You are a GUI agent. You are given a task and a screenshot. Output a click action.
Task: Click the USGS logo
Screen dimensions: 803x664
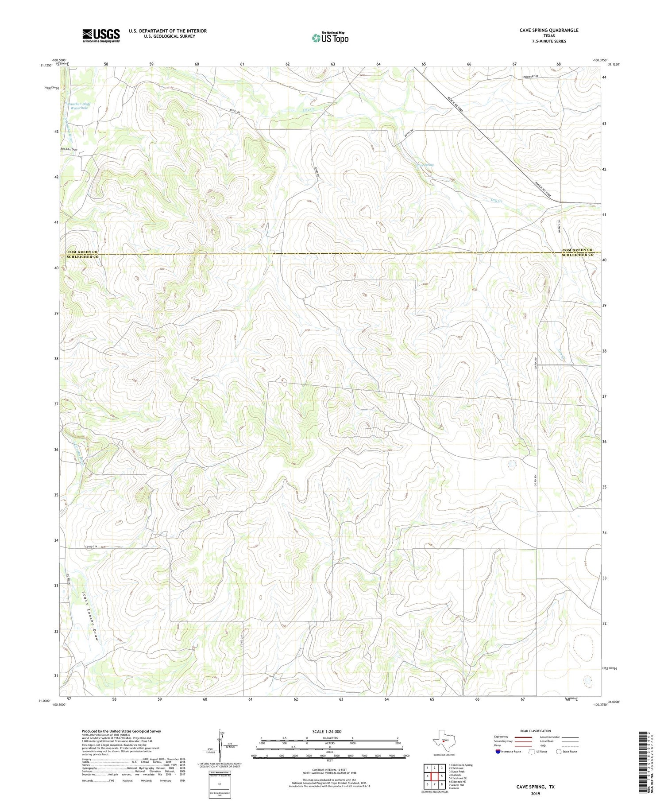pyautogui.click(x=100, y=35)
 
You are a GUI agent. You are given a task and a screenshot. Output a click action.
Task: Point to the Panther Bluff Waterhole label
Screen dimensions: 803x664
pyautogui.click(x=79, y=106)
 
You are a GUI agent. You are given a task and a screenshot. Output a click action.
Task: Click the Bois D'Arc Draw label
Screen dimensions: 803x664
pyautogui.click(x=69, y=150)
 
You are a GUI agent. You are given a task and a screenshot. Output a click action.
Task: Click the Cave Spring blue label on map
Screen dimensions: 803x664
pyautogui.click(x=425, y=165)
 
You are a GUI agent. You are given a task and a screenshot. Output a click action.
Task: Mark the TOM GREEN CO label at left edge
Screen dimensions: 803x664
pyautogui.click(x=82, y=252)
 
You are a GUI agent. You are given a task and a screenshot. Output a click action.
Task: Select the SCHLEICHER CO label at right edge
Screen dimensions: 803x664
pyautogui.click(x=578, y=255)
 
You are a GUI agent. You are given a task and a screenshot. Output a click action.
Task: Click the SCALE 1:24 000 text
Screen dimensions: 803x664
pyautogui.click(x=329, y=731)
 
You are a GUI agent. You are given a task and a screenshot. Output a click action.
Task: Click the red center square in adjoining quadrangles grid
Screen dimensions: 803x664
pyautogui.click(x=434, y=776)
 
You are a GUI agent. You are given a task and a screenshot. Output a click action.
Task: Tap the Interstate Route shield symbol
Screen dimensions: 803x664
pyautogui.click(x=498, y=752)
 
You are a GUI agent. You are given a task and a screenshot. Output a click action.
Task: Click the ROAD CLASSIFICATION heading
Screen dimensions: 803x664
pyautogui.click(x=535, y=731)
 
